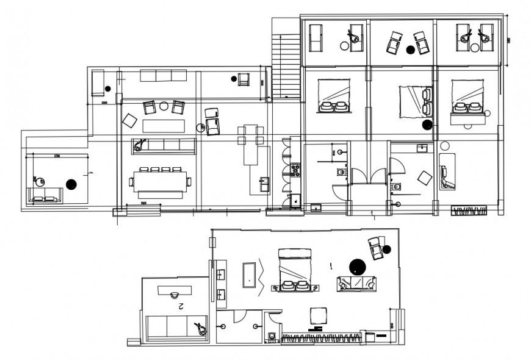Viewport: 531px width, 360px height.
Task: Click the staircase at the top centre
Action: point(286,64)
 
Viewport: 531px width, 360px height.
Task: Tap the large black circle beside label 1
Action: point(356,266)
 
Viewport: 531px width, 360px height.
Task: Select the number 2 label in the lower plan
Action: point(181,307)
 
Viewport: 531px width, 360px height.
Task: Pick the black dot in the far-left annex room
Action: point(71,184)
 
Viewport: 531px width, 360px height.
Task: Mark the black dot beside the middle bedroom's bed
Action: point(427,125)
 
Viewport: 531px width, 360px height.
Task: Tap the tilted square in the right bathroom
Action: point(424,178)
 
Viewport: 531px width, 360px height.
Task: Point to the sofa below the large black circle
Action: point(358,283)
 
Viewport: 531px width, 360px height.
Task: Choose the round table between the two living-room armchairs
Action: point(164,106)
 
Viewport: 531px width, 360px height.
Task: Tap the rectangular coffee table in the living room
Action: point(163,126)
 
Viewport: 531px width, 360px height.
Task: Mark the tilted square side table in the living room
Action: point(129,120)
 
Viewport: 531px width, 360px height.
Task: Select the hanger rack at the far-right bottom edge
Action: point(470,211)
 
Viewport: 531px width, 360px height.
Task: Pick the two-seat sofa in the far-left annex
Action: point(45,196)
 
